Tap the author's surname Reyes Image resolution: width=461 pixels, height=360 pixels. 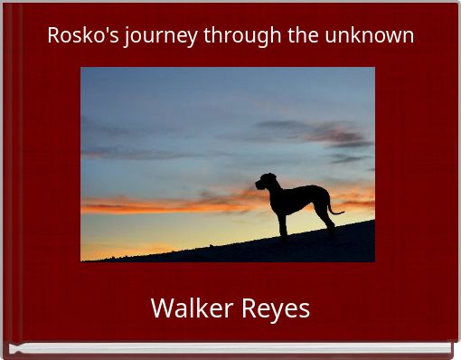tap(274, 309)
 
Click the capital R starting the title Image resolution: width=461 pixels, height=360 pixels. tap(53, 35)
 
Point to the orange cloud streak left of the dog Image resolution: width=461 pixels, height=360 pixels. tap(163, 204)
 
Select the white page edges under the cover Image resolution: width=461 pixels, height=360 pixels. tap(226, 348)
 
